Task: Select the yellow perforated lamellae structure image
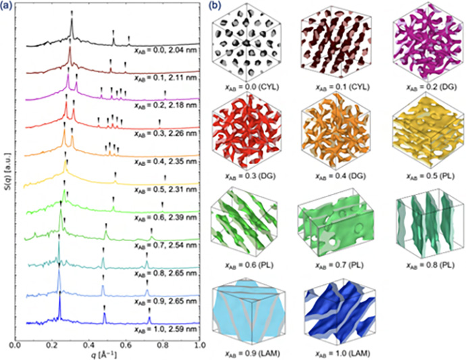428,136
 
